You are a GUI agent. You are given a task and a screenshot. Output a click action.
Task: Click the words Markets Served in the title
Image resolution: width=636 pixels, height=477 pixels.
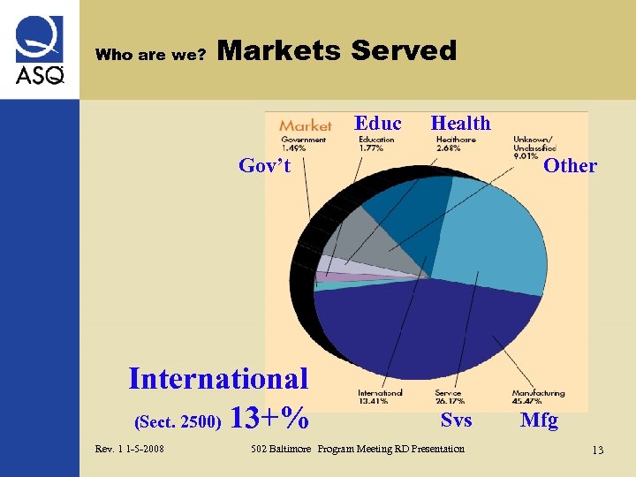pos(337,51)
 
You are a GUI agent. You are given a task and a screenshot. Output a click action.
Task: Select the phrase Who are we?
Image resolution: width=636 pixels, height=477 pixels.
pos(150,55)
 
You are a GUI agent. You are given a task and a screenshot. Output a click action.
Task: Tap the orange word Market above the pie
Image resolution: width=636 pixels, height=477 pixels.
pos(306,126)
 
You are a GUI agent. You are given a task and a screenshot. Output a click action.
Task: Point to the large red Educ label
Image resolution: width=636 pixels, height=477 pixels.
pos(378,124)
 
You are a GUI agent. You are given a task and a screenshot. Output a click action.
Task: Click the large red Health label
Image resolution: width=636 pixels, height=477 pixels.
pos(460,124)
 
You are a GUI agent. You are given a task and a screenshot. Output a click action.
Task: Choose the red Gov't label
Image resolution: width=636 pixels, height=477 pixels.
pos(265,165)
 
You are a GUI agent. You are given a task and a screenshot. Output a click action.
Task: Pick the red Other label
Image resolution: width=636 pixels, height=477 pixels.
pos(570,165)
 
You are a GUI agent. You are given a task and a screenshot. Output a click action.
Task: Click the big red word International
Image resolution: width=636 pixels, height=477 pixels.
pos(218,379)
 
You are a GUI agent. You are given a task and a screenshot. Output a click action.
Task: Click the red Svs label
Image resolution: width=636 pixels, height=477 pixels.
pos(456,420)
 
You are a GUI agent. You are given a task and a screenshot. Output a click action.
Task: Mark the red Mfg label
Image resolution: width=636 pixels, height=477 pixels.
pos(539,420)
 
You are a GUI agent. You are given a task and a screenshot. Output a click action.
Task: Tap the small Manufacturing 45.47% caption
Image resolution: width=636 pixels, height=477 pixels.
pos(538,397)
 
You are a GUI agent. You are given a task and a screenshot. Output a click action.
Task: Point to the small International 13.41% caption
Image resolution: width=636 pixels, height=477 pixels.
pos(380,397)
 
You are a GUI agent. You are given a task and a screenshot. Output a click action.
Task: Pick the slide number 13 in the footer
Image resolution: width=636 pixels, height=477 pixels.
pos(598,450)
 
